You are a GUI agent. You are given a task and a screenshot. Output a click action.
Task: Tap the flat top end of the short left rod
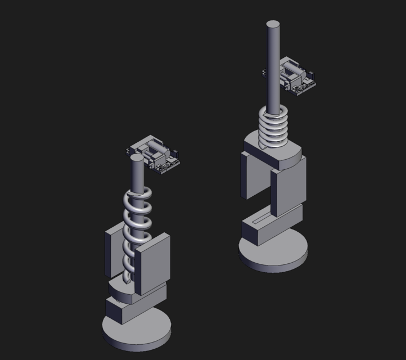(x=137, y=158)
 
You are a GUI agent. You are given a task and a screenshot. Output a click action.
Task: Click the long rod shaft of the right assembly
(x=273, y=67)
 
